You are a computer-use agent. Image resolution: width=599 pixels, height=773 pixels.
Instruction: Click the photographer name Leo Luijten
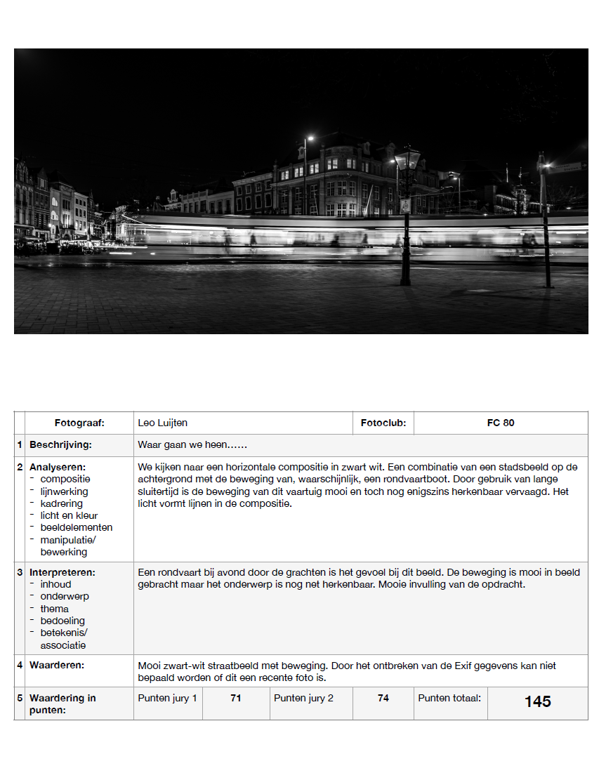(x=163, y=423)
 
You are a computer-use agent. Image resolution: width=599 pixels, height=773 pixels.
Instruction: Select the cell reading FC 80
(x=501, y=423)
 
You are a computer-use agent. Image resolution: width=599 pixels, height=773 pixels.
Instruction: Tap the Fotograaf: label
(x=79, y=423)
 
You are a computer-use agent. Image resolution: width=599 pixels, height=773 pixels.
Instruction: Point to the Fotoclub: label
(x=383, y=423)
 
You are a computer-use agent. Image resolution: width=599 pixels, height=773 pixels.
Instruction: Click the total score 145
(x=537, y=701)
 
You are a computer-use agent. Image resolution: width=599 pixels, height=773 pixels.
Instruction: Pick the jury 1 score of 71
(x=236, y=698)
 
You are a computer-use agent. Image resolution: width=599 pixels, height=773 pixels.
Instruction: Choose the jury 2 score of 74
(x=383, y=698)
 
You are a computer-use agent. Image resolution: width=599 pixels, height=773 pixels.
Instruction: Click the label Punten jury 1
(x=167, y=698)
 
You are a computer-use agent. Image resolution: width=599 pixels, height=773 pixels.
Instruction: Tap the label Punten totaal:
(x=449, y=698)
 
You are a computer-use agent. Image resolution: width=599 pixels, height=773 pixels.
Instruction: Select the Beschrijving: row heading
(x=60, y=444)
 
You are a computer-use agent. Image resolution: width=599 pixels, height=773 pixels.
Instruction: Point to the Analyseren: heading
(x=58, y=467)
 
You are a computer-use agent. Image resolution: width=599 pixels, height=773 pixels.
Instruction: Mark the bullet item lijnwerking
(x=64, y=491)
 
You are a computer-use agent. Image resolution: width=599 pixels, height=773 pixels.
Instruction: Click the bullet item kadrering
(x=61, y=503)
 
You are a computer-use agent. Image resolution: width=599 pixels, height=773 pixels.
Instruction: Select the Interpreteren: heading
(x=62, y=572)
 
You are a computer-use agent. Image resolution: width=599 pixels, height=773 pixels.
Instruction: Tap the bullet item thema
(x=54, y=609)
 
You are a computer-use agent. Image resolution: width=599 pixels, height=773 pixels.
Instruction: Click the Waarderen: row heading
(x=57, y=664)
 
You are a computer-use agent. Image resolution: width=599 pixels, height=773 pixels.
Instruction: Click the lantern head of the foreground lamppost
(x=407, y=161)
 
